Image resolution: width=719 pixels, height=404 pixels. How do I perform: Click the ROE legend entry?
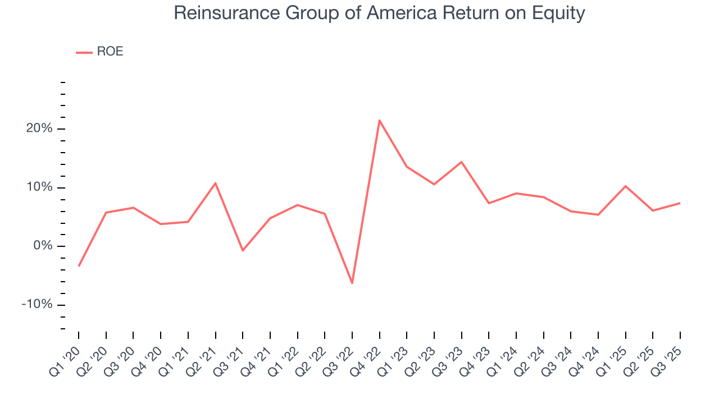coord(100,52)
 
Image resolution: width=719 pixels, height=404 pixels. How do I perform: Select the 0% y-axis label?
coord(43,246)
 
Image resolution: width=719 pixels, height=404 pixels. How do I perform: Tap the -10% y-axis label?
coord(38,305)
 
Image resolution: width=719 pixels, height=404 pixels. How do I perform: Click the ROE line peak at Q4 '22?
coord(380,120)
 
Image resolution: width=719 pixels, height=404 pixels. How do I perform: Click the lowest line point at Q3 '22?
coord(352,283)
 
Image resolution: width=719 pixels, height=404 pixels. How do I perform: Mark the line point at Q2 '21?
coord(215,183)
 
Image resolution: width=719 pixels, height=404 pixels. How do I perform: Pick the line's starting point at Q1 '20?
coord(79,265)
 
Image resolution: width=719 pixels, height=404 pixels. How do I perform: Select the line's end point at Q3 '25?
coord(680,203)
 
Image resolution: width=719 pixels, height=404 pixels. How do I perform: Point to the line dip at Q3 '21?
coord(243,250)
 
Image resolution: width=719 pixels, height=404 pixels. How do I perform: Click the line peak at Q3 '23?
coord(462,162)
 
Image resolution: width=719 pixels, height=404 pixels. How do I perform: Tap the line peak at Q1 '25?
coord(626,186)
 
